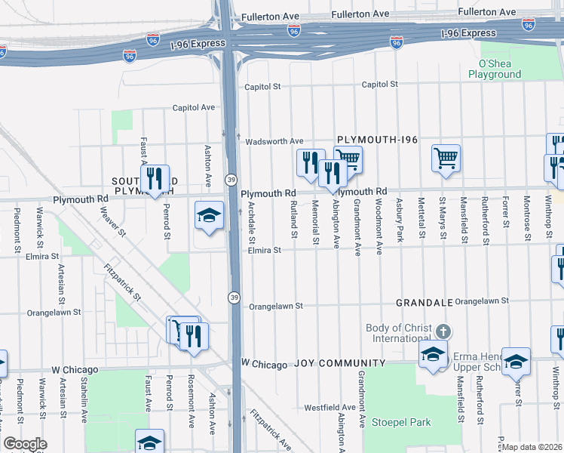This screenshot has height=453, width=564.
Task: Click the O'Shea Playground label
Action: click(495, 69)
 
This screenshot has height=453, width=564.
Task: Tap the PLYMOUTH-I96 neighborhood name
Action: click(377, 140)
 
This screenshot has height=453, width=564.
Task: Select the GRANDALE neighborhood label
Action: click(425, 302)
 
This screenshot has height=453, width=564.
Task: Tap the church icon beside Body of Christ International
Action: click(444, 331)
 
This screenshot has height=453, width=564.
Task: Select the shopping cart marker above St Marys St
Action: click(446, 159)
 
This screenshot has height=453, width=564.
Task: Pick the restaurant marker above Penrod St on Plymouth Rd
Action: click(155, 179)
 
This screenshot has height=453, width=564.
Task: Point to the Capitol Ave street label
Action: click(194, 108)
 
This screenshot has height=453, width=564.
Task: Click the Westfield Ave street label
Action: click(330, 408)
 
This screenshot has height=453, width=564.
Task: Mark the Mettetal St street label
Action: click(421, 223)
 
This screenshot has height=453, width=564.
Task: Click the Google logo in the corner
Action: click(25, 444)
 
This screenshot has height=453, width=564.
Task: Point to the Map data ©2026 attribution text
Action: click(532, 447)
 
